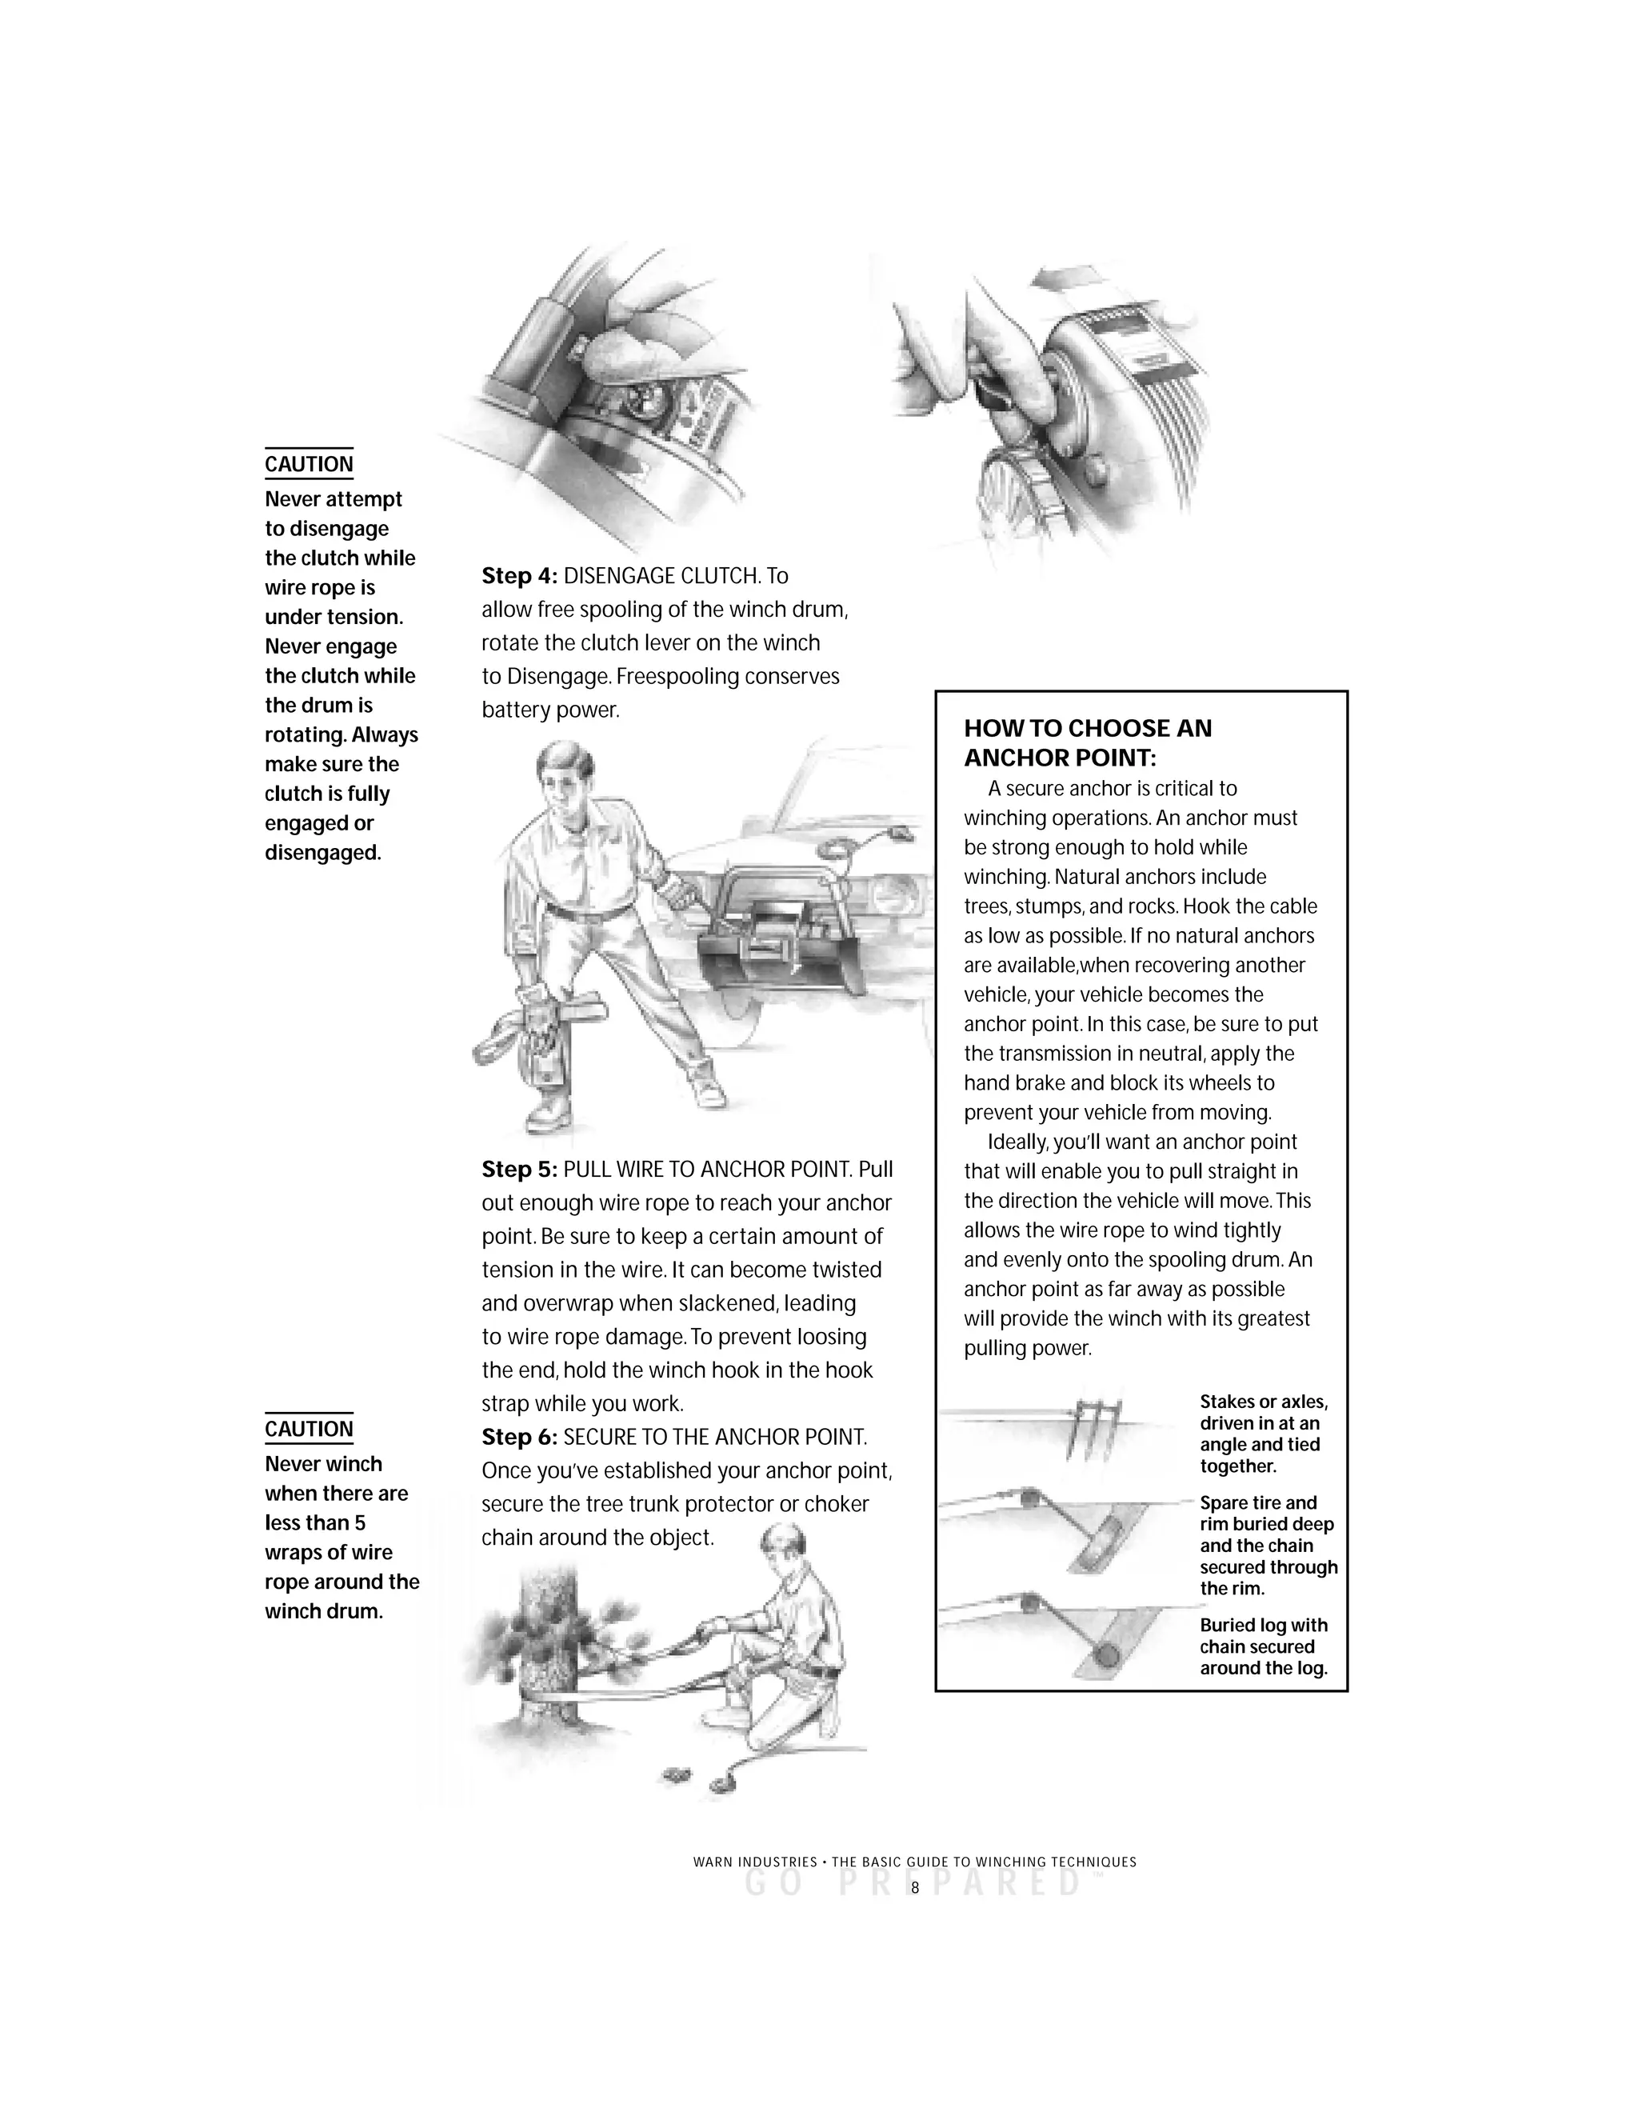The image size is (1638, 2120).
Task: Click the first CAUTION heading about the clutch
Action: point(309,464)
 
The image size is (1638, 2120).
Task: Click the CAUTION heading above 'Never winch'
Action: point(309,1429)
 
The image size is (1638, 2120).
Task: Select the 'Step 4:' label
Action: point(519,576)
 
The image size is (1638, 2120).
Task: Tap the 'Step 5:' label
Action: point(519,1169)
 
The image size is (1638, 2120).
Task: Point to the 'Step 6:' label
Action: point(519,1437)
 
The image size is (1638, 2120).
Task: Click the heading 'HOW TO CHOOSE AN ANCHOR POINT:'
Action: point(1087,742)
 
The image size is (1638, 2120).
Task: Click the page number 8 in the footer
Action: point(914,1888)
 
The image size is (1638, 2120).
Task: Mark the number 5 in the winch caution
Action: point(359,1522)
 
